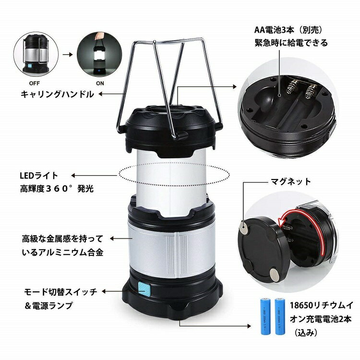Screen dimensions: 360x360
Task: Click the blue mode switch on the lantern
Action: point(143,289)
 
